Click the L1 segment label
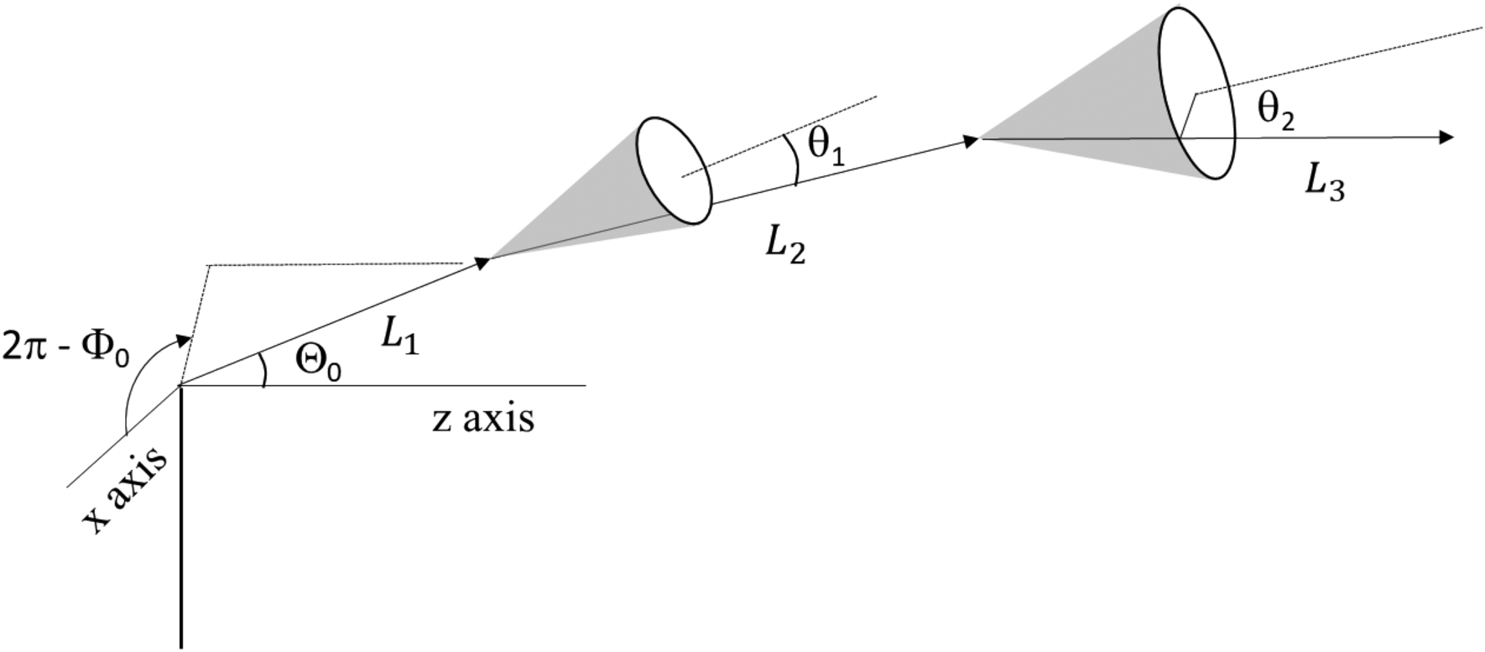point(399,337)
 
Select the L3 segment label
point(1325,182)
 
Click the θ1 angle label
point(826,146)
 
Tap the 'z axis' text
point(483,418)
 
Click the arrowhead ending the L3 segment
point(1445,138)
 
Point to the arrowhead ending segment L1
point(482,262)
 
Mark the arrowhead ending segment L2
point(972,141)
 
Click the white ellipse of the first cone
point(674,171)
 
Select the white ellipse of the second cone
point(1197,93)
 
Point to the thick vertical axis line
point(180,520)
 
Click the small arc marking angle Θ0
point(263,369)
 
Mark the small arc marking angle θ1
point(794,159)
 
